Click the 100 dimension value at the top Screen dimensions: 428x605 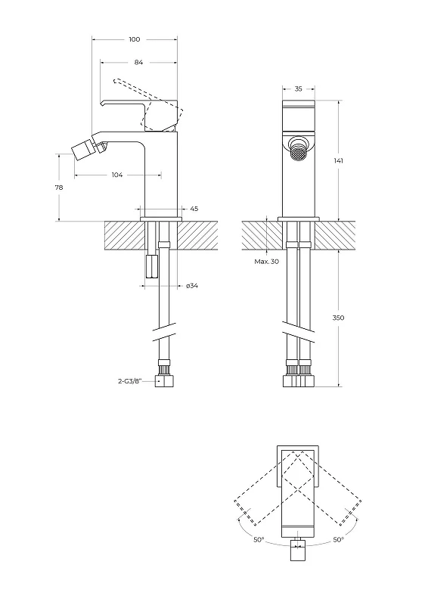[x=135, y=39]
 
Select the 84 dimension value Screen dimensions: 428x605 [x=139, y=62]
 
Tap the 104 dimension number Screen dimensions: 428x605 [x=117, y=175]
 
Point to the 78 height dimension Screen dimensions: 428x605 [x=59, y=188]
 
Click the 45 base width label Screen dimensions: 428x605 [x=194, y=209]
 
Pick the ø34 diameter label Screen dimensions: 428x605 [x=192, y=286]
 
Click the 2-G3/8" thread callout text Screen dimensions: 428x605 [x=130, y=382]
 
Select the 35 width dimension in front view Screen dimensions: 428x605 [x=299, y=88]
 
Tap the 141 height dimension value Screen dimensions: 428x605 [x=339, y=160]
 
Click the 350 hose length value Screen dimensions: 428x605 [x=338, y=318]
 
